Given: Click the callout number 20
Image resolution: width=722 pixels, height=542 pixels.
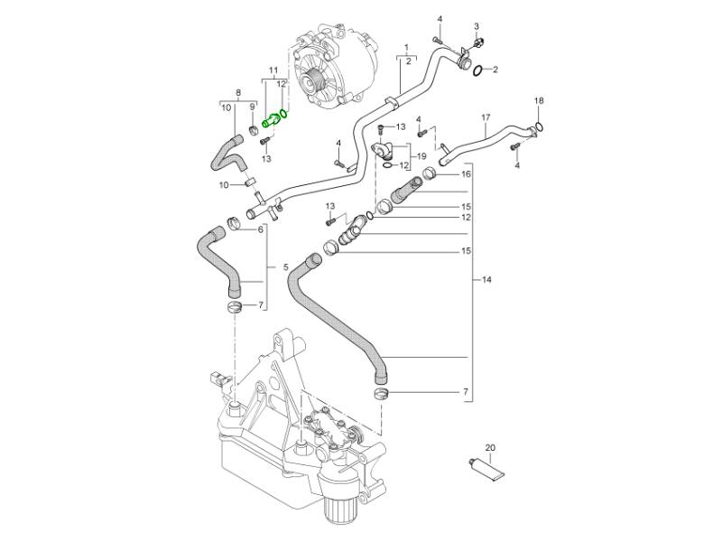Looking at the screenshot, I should click(x=490, y=448).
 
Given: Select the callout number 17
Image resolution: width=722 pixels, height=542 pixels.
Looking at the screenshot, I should click(x=485, y=117).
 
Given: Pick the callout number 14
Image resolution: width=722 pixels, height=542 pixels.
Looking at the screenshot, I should click(x=486, y=281).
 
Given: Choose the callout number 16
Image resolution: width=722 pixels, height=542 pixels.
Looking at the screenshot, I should click(x=467, y=174).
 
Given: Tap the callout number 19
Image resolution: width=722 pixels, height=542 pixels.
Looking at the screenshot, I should click(x=420, y=157).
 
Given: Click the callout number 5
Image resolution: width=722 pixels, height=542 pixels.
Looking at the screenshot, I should click(x=285, y=267).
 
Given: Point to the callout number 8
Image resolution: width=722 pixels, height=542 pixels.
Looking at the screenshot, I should click(x=237, y=93).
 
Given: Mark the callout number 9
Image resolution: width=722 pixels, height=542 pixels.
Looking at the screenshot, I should click(x=254, y=107).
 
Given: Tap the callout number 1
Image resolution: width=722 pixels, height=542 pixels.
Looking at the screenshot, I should click(x=407, y=46).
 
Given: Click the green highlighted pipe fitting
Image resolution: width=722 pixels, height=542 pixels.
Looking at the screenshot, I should click(x=270, y=119).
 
